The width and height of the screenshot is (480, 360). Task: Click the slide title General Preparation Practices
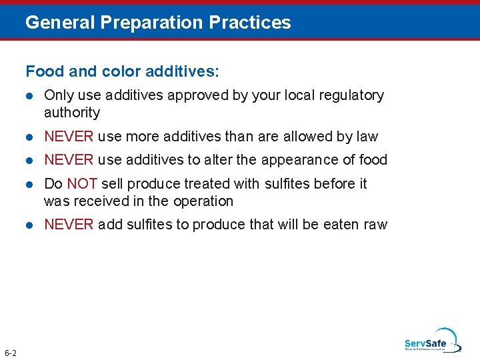(158, 23)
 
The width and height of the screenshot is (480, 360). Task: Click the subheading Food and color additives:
(122, 71)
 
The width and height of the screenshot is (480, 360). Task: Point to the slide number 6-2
(11, 352)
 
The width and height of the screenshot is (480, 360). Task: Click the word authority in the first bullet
(72, 113)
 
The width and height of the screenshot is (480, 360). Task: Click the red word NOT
(82, 183)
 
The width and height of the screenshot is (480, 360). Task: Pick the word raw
(375, 224)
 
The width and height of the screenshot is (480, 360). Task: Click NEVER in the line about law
(69, 137)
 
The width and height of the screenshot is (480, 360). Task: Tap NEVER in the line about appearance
(69, 160)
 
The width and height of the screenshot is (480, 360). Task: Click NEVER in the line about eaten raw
(69, 224)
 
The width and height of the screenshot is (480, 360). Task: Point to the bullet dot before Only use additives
(29, 96)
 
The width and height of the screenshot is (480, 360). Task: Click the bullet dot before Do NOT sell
(29, 184)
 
